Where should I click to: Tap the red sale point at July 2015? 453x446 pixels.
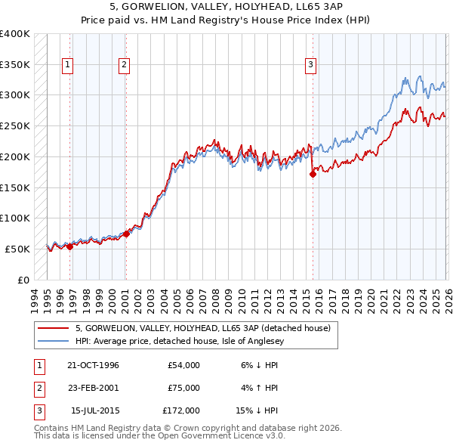(313, 174)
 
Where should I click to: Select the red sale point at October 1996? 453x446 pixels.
(69, 246)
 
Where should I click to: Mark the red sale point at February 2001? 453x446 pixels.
(126, 234)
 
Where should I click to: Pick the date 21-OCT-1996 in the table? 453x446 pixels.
(93, 365)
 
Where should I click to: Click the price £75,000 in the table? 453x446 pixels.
(183, 388)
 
